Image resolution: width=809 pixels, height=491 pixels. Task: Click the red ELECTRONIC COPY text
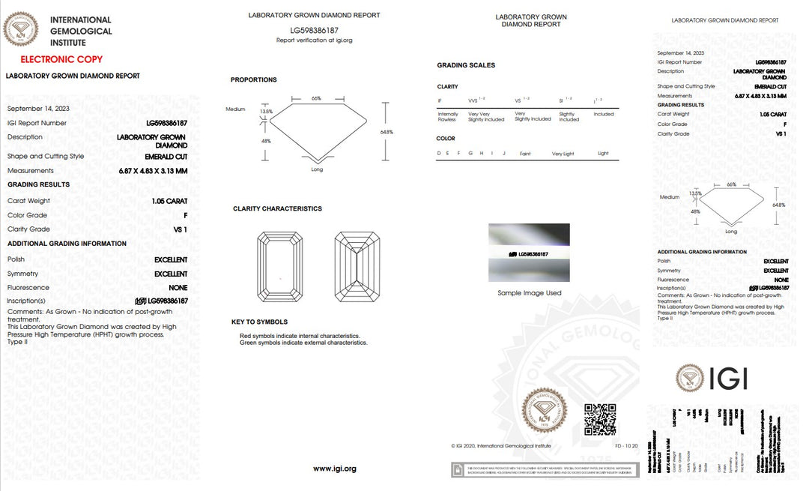61,59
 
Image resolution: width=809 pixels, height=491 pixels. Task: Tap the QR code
599,419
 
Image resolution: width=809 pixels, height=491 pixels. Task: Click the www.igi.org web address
334,469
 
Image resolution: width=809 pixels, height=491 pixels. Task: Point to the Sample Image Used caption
529,293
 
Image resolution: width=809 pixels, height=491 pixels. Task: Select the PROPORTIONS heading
253,79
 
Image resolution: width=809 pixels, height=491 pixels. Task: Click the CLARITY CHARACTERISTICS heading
277,208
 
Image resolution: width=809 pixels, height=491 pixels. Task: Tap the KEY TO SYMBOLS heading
259,322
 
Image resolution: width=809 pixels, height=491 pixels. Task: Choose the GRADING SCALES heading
466,65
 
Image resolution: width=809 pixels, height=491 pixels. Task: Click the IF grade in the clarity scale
440,100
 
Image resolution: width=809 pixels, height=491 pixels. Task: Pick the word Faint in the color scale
525,154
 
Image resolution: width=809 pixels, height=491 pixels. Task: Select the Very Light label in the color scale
563,154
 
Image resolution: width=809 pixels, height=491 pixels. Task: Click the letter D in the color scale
438,154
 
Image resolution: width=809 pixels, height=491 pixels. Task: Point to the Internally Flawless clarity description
447,117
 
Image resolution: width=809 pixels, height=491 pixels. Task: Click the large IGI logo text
726,379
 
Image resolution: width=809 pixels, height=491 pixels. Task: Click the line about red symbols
300,336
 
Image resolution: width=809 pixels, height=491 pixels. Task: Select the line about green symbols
303,343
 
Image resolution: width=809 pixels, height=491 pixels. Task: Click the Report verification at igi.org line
314,40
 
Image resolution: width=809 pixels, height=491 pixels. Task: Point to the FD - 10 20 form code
626,446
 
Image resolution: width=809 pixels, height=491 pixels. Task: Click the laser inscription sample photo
529,253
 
